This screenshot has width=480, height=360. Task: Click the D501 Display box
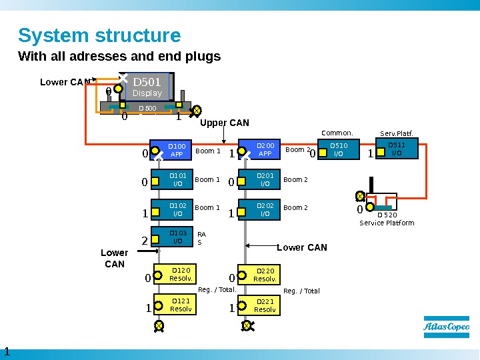pyautogui.click(x=147, y=87)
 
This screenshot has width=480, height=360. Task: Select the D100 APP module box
pyautogui.click(x=175, y=150)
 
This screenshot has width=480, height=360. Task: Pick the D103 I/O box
pyautogui.click(x=177, y=237)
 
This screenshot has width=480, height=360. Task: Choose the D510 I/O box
pyautogui.click(x=339, y=150)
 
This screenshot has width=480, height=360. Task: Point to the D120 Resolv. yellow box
pyautogui.click(x=180, y=274)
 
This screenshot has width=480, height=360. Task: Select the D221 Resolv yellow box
pyautogui.click(x=264, y=305)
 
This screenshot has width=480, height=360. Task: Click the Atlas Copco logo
pyautogui.click(x=446, y=327)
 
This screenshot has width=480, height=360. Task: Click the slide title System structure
pyautogui.click(x=99, y=35)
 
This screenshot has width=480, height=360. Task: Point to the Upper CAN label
pyautogui.click(x=225, y=123)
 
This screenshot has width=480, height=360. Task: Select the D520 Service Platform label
pyautogui.click(x=387, y=219)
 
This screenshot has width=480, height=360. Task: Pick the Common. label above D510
pyautogui.click(x=337, y=133)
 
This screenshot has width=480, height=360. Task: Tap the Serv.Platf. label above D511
pyautogui.click(x=396, y=133)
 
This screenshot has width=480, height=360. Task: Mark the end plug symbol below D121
pyautogui.click(x=159, y=325)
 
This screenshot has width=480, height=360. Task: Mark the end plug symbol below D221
pyautogui.click(x=247, y=325)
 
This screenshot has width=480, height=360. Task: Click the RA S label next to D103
pyautogui.click(x=202, y=238)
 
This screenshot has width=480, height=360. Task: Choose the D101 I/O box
pyautogui.click(x=177, y=179)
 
